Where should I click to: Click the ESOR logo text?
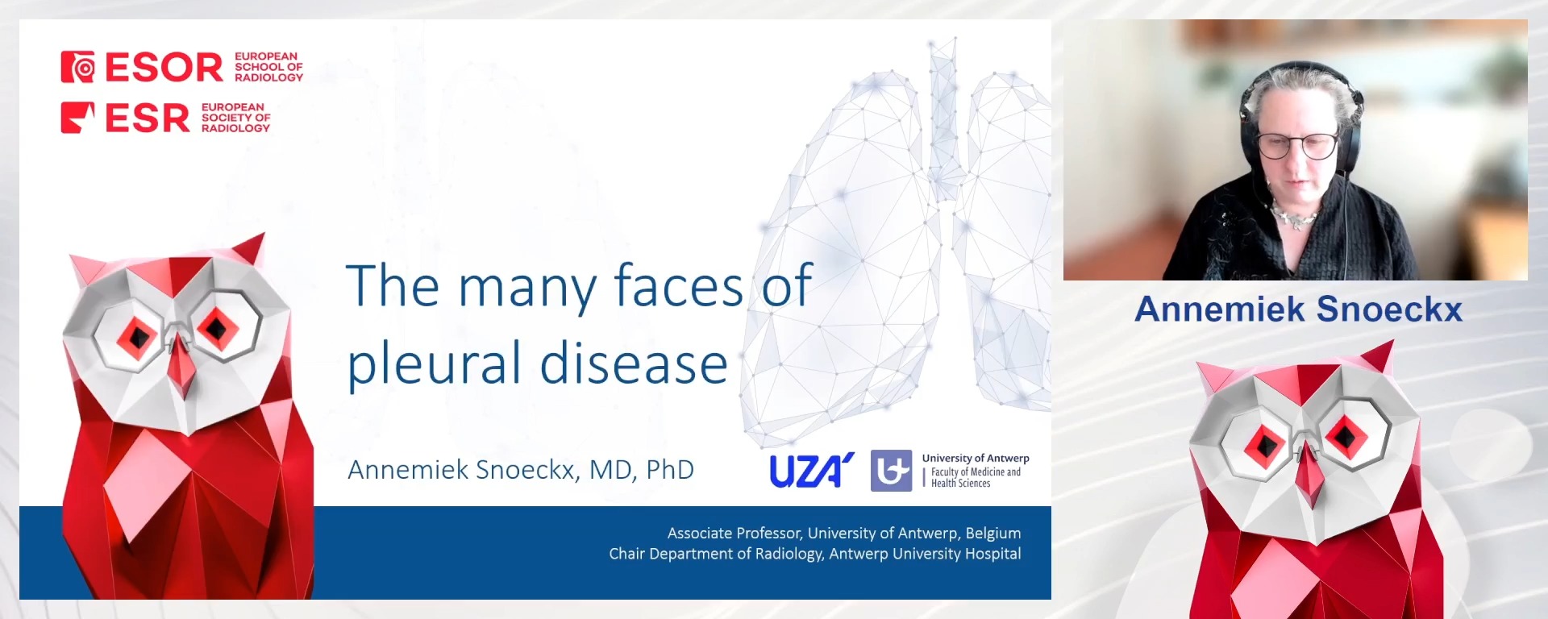(x=164, y=68)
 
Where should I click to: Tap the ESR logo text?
(x=148, y=118)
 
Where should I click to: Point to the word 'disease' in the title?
(x=634, y=364)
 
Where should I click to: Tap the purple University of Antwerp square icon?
(x=891, y=471)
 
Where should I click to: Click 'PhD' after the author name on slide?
(x=670, y=470)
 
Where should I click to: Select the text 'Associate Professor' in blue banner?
(x=734, y=534)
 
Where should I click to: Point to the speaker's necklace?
(x=1294, y=217)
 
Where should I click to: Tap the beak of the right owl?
(x=1309, y=476)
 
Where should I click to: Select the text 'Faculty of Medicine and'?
(x=976, y=472)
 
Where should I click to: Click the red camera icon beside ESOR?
(x=78, y=68)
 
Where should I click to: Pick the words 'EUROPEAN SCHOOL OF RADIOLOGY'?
(x=268, y=67)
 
